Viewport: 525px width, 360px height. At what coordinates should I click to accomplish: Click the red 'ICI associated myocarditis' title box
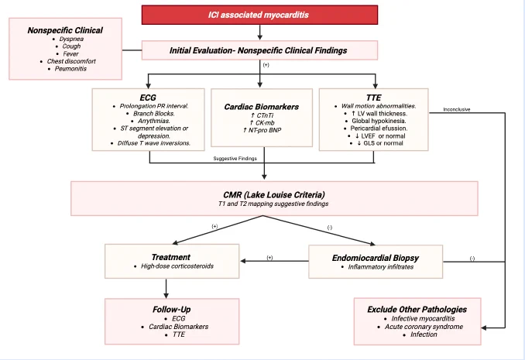click(259, 15)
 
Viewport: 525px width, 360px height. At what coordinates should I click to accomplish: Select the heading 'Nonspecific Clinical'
click(65, 30)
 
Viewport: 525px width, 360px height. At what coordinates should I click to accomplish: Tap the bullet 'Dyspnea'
click(71, 39)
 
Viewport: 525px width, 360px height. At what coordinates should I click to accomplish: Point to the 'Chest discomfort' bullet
click(71, 61)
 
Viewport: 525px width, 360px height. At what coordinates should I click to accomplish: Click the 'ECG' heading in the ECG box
click(148, 98)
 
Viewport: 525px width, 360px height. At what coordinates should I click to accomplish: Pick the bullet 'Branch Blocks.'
click(153, 114)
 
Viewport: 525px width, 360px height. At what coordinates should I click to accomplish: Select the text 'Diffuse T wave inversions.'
click(153, 143)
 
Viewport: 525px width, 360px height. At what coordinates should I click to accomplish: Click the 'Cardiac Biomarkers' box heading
click(262, 107)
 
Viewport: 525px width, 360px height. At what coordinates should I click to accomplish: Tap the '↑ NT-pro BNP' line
click(262, 130)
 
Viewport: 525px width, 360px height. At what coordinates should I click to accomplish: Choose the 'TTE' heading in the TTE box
click(374, 98)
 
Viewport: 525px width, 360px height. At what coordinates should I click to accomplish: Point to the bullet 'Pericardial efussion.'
click(379, 129)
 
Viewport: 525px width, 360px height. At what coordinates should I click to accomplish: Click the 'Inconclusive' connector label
click(457, 109)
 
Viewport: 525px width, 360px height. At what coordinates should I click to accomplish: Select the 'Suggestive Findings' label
click(235, 159)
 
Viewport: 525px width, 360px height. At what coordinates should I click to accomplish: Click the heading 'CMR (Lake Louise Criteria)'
click(274, 195)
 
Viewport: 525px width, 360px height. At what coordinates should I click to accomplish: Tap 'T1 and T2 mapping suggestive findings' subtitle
click(273, 204)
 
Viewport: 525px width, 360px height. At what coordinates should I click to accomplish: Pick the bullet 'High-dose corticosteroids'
click(177, 266)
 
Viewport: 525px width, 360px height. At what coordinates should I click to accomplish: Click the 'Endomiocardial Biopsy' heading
click(376, 258)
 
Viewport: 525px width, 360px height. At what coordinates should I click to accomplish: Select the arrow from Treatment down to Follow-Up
click(166, 288)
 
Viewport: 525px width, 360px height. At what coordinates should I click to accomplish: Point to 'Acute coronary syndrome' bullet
click(424, 327)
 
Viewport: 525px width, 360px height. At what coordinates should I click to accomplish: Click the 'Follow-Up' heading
click(171, 310)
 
